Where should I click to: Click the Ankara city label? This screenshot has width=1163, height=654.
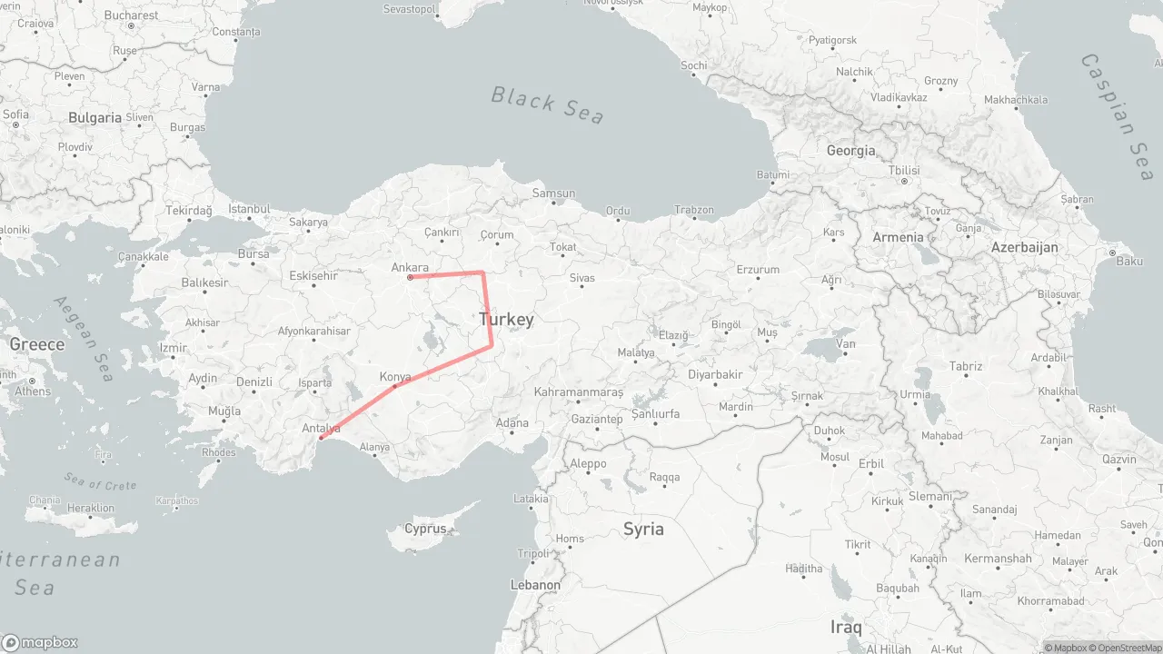[410, 267]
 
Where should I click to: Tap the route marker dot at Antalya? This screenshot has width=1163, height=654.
[321, 439]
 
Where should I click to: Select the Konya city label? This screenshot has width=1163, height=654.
[395, 376]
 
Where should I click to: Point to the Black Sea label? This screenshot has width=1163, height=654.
[548, 104]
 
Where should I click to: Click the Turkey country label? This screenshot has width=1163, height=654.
[506, 320]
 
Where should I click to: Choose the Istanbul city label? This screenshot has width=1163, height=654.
[250, 209]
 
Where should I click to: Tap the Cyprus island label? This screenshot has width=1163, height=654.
[425, 529]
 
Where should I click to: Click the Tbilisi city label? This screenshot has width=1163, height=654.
[904, 171]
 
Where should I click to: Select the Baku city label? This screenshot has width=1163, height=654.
[1129, 262]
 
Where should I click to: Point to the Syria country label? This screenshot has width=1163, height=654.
[643, 529]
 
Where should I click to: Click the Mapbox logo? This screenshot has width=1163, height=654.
[40, 642]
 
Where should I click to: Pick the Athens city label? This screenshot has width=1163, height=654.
[33, 391]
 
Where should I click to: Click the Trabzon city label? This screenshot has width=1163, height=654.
[694, 210]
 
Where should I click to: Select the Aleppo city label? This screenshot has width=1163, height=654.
[588, 463]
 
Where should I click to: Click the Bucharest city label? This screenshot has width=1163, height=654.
[131, 15]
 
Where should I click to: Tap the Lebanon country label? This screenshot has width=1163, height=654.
[535, 585]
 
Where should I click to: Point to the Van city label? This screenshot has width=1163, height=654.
[846, 343]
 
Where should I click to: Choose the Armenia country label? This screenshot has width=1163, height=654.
[898, 237]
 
